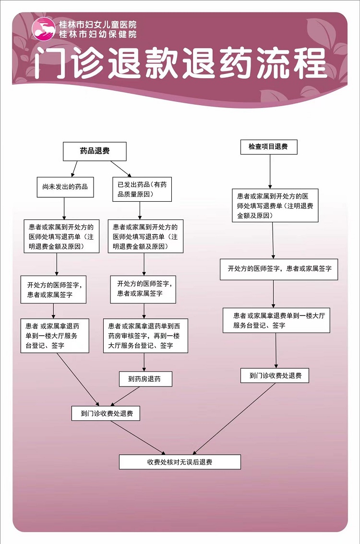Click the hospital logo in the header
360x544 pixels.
pyautogui.click(x=43, y=28)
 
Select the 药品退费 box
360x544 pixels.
pyautogui.click(x=95, y=151)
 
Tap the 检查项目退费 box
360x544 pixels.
pyautogui.click(x=269, y=147)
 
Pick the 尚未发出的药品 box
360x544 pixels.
pyautogui.click(x=65, y=187)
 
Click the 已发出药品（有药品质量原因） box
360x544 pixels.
pyautogui.click(x=142, y=190)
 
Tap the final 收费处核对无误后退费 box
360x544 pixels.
pyautogui.click(x=180, y=462)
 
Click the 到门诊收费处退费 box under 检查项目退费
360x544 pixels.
pyautogui.click(x=275, y=375)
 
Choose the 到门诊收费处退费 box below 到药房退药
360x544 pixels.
pyautogui.click(x=106, y=413)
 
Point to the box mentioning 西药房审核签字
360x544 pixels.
pyautogui.click(x=145, y=336)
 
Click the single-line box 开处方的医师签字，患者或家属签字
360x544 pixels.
pyautogui.click(x=279, y=269)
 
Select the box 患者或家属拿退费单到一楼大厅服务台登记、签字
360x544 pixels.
pyautogui.click(x=276, y=321)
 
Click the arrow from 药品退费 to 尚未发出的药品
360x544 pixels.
pyautogui.click(x=74, y=169)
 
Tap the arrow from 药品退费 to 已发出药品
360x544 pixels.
pyautogui.click(x=121, y=169)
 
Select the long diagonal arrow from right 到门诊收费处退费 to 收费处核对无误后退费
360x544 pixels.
pyautogui.click(x=234, y=419)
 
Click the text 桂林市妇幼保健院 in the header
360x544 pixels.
pyautogui.click(x=98, y=35)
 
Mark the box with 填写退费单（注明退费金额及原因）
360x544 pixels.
pyautogui.click(x=276, y=206)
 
